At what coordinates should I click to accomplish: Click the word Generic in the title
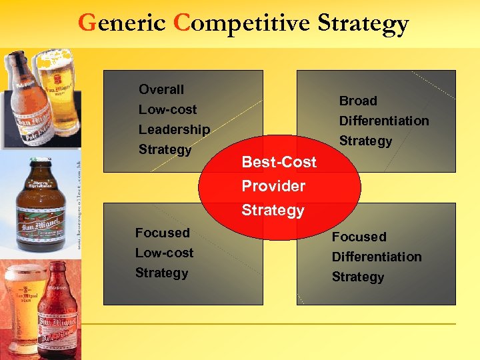tap(121, 23)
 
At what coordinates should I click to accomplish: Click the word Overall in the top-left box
tap(161, 89)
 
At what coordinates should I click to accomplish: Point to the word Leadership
tap(174, 129)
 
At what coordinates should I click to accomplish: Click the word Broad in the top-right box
tap(358, 101)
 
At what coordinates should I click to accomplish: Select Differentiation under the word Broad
tap(384, 121)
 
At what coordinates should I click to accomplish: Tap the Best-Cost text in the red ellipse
tap(279, 162)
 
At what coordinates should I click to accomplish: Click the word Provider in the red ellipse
tap(273, 186)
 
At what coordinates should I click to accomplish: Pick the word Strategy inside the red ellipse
tap(273, 211)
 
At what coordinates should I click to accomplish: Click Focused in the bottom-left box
tap(162, 233)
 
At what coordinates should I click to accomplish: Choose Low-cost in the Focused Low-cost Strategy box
tap(164, 253)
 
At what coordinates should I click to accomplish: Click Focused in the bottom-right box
tap(359, 237)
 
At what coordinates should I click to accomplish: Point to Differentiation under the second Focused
tap(377, 257)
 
